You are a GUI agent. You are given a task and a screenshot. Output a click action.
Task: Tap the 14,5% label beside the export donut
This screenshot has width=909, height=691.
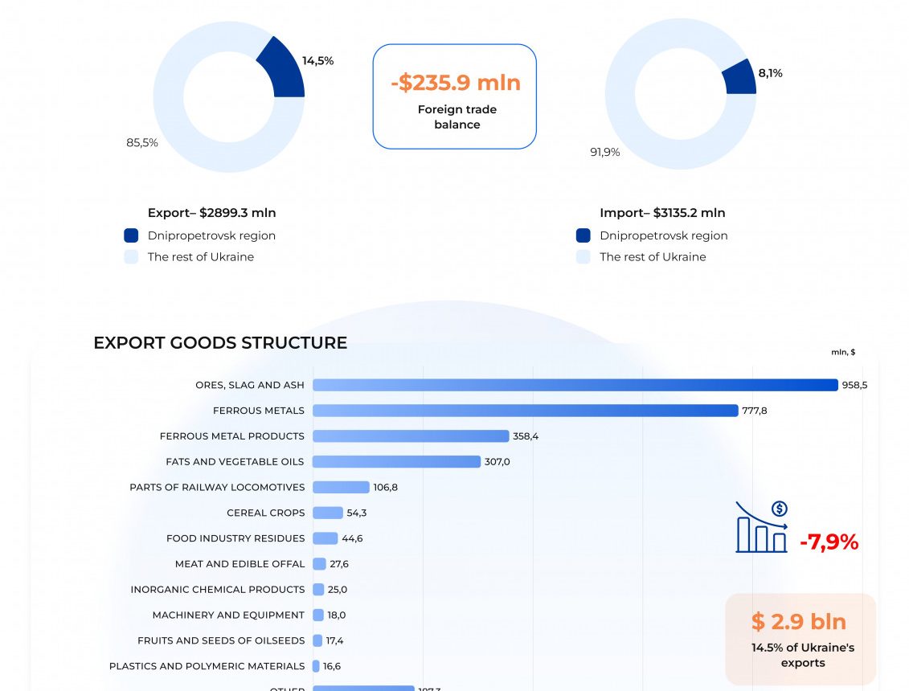[317, 61]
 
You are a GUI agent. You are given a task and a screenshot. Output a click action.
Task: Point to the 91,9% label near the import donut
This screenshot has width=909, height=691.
[605, 152]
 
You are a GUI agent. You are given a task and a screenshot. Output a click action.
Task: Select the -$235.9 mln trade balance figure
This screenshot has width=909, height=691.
[456, 83]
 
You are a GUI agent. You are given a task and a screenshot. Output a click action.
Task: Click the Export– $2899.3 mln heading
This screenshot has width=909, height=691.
[211, 213]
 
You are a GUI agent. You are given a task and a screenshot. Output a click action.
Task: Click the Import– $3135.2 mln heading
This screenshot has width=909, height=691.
[662, 213]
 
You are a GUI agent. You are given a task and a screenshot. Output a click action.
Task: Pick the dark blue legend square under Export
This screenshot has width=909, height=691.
[131, 235]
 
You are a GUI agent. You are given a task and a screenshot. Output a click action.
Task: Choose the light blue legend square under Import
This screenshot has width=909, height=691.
[583, 257]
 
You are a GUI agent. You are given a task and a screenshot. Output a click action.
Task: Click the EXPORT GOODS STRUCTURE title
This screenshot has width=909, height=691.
[220, 343]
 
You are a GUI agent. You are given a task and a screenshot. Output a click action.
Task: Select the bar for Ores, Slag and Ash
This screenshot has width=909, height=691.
[575, 385]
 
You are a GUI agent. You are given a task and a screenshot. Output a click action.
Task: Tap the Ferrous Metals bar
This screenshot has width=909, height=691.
[525, 411]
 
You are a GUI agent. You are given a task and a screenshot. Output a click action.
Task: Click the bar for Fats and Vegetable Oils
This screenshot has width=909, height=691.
[396, 462]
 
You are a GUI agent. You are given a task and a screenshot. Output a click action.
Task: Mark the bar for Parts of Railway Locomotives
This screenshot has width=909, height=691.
[341, 487]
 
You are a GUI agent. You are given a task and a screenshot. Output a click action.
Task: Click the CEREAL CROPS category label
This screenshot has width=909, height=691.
[266, 513]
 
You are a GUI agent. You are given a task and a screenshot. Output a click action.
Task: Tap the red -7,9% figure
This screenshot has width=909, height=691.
[829, 542]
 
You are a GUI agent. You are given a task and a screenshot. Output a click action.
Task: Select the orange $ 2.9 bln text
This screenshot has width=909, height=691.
[798, 621]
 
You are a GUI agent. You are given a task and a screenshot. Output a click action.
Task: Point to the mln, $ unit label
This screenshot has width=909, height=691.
[843, 352]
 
